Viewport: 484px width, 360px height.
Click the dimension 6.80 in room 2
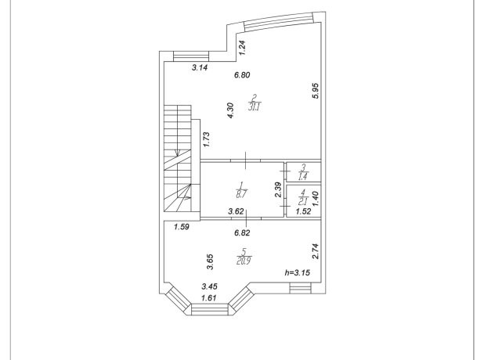tap(242, 75)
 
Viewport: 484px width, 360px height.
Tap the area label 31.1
tap(255, 107)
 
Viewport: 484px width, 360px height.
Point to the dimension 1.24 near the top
tap(243, 48)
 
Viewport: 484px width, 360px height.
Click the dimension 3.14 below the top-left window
tap(200, 67)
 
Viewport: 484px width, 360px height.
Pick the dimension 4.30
tap(230, 110)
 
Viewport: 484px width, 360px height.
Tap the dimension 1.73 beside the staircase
tap(206, 139)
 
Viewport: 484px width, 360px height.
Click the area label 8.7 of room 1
tap(241, 194)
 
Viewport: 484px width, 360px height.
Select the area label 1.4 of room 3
tap(303, 177)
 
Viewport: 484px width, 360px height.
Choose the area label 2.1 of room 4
tap(303, 202)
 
